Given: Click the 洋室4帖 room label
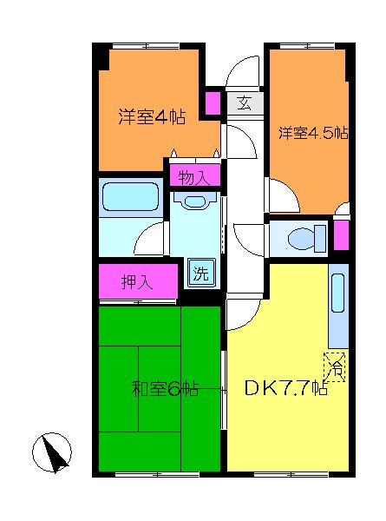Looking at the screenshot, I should pyautogui.click(x=152, y=115).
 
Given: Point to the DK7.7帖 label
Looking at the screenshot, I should pyautogui.click(x=285, y=389).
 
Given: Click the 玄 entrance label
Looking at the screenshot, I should pyautogui.click(x=245, y=103).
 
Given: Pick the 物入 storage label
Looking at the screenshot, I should pyautogui.click(x=193, y=177).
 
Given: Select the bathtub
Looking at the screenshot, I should pyautogui.click(x=131, y=197).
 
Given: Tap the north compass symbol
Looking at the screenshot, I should pyautogui.click(x=51, y=452).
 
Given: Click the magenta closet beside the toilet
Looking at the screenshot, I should pyautogui.click(x=341, y=235).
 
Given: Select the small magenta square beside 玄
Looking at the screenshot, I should pyautogui.click(x=213, y=102).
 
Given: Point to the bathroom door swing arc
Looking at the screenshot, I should pyautogui.click(x=153, y=235).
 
